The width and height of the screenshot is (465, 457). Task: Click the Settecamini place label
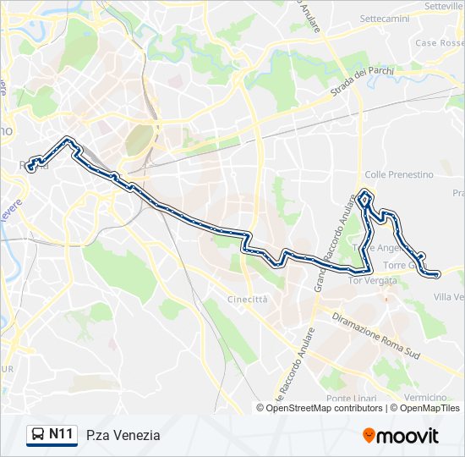point(384,18)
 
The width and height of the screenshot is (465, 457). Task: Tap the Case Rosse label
point(438,43)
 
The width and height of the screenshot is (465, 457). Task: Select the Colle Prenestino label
point(399,174)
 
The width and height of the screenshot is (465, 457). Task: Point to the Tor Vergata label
point(372,280)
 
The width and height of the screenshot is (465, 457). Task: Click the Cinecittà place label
point(248,300)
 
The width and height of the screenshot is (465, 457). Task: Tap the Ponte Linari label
point(351,399)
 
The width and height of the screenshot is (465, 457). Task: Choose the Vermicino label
point(425,398)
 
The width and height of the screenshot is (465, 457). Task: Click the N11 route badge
point(59,435)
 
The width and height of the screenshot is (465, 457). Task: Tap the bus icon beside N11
point(38,435)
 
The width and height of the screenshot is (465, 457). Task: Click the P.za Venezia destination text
point(123,436)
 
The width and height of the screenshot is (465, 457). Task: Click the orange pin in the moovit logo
point(369,436)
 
